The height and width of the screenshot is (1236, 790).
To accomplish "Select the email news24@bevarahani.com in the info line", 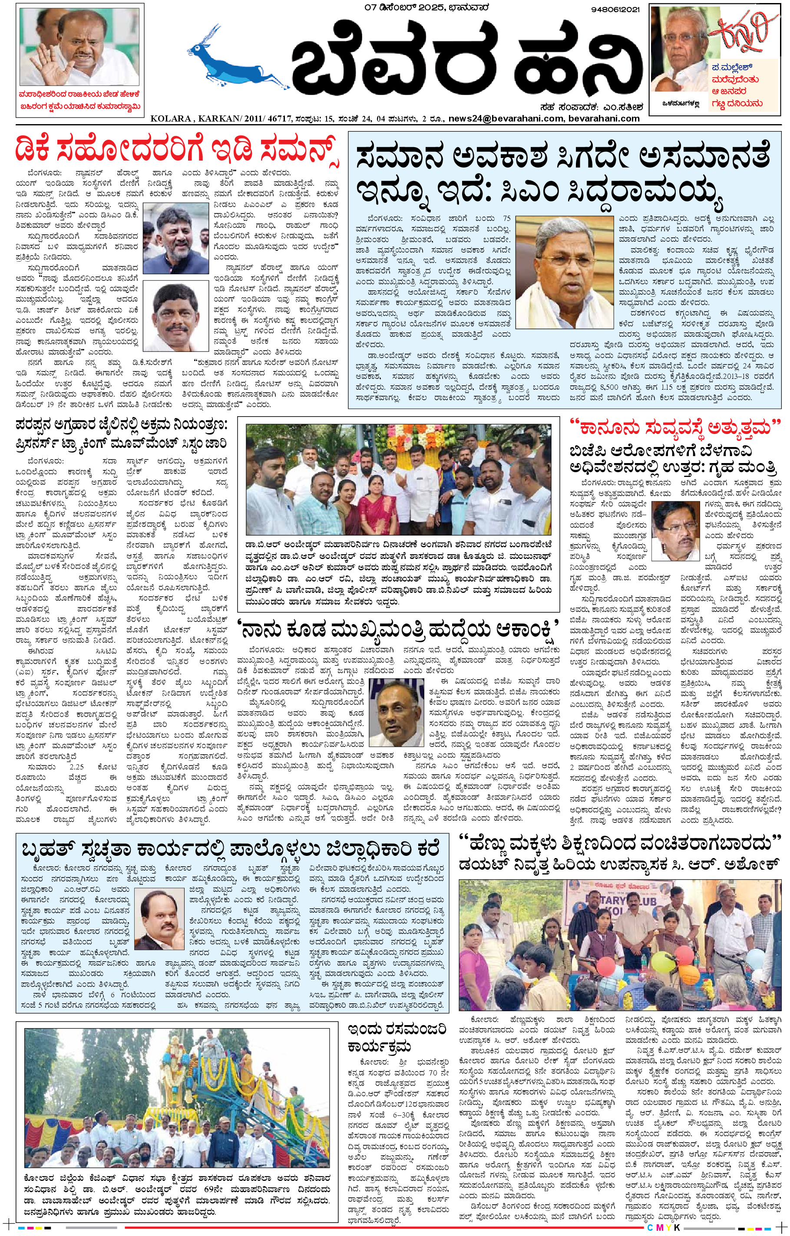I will (506, 118).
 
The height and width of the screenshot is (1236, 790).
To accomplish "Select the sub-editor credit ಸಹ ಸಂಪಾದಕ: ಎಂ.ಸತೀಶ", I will (588, 107).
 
